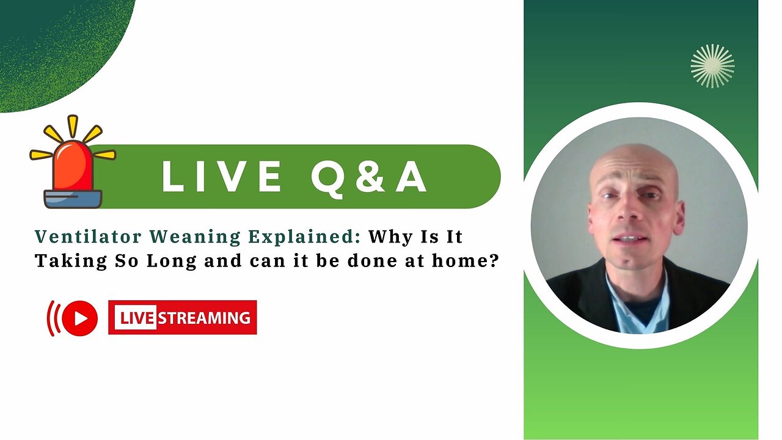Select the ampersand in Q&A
click(360, 177)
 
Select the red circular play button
click(79, 318)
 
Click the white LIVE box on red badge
click(137, 318)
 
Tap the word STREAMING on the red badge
click(205, 318)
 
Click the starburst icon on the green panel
click(712, 65)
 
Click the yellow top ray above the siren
click(73, 126)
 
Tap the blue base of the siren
click(73, 199)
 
